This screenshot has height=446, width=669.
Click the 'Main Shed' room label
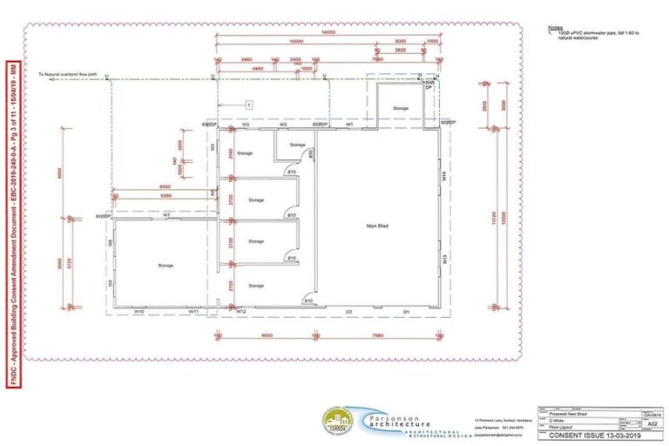pos(376,225)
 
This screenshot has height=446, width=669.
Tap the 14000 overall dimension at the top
pos(328,31)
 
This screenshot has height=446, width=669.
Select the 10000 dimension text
pos(296,41)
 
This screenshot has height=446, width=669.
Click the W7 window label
pos(166,214)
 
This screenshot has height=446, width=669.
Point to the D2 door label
pos(348,310)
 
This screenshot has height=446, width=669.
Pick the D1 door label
pos(406,310)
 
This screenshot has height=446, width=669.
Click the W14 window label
pos(443,175)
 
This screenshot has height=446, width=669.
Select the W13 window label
pos(443,258)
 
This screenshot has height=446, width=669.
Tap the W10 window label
pos(139,310)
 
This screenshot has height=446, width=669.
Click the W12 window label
pos(241,310)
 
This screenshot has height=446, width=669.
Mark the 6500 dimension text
pos(165,186)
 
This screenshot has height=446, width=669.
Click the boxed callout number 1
pos(248,104)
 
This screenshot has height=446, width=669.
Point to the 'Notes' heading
pos(556,27)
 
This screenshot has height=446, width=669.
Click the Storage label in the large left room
pos(166,265)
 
